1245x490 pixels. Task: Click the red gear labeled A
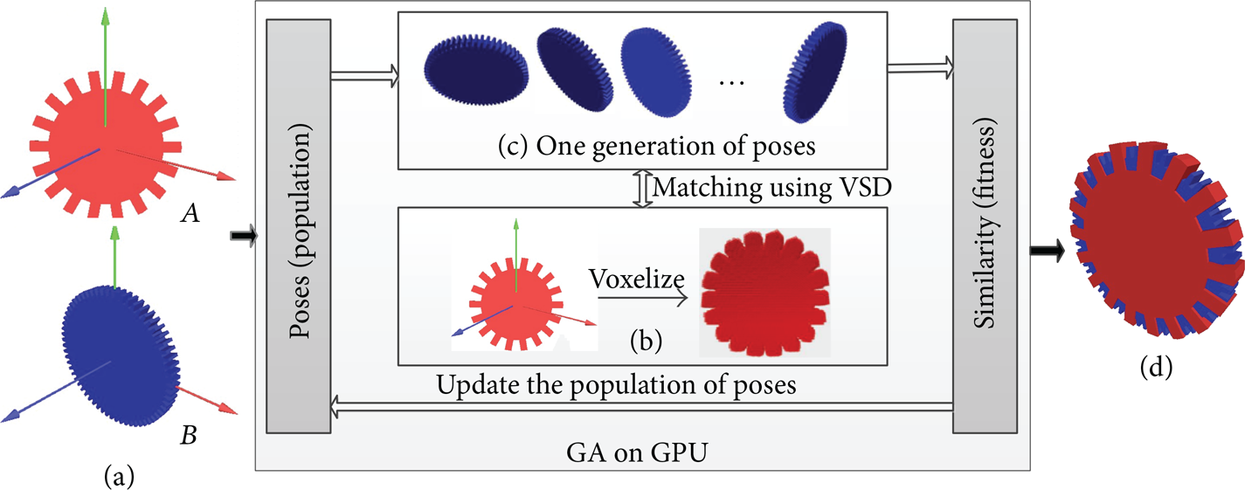click(106, 144)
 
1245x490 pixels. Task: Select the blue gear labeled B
click(121, 355)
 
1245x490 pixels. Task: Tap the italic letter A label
click(190, 212)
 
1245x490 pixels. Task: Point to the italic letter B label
click(189, 435)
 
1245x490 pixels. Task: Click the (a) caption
click(119, 475)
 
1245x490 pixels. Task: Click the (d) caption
click(1157, 368)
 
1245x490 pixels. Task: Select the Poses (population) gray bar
click(299, 226)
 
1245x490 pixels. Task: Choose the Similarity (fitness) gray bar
click(985, 226)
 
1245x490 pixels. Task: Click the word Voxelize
click(637, 279)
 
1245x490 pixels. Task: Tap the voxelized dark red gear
click(764, 293)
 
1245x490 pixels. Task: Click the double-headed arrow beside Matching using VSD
click(643, 189)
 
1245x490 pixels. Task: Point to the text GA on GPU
click(637, 452)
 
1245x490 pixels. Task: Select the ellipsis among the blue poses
click(731, 83)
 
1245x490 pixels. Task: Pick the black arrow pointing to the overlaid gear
click(1048, 251)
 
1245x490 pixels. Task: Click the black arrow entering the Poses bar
click(244, 236)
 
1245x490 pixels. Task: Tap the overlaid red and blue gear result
click(1156, 239)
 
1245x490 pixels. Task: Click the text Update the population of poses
click(616, 384)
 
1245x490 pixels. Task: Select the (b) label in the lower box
click(646, 341)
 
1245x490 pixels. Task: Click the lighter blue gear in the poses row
click(657, 72)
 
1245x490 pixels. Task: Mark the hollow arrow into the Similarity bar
click(920, 68)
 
